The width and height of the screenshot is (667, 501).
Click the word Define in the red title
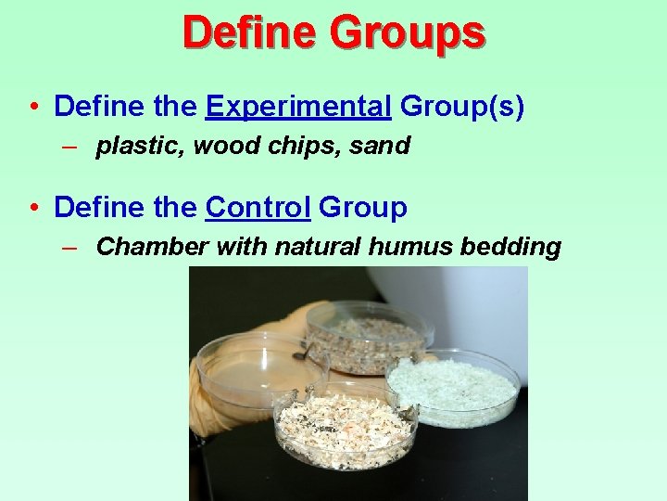(250, 32)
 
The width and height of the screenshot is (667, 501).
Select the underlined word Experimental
(298, 107)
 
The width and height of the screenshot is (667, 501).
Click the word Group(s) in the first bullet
(462, 107)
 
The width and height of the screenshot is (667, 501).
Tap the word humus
(408, 246)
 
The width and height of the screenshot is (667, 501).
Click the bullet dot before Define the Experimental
(33, 108)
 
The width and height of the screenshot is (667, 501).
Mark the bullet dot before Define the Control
(33, 208)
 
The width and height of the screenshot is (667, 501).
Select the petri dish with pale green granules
(454, 386)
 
